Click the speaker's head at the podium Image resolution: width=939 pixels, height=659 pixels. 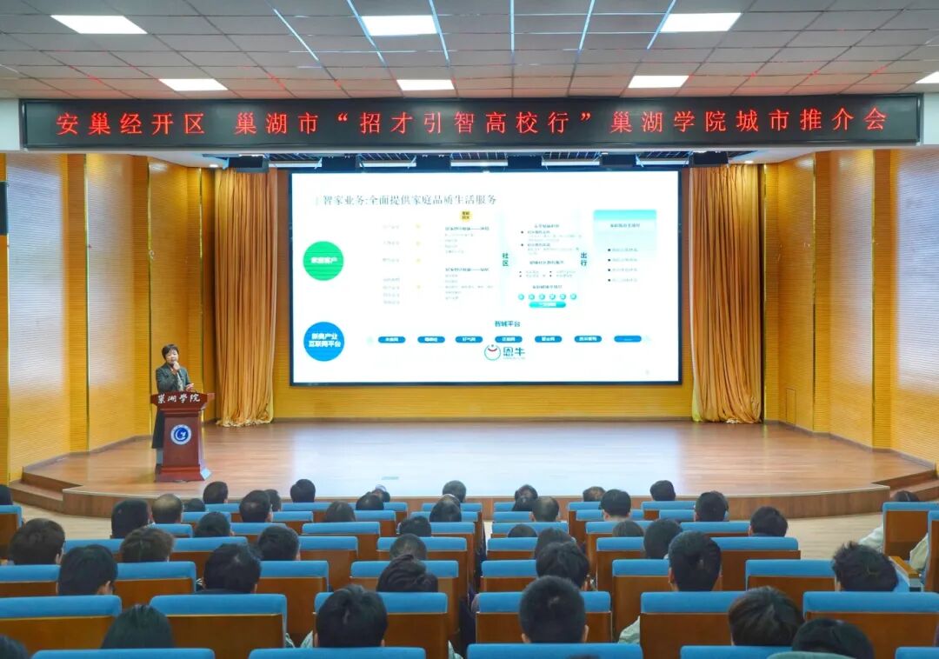point(170,355)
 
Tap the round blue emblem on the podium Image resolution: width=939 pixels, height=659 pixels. point(180,434)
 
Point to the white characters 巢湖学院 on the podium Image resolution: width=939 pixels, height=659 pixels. point(179,398)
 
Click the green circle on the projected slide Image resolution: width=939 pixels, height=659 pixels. point(323,261)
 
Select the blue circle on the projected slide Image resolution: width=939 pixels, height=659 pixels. point(323,341)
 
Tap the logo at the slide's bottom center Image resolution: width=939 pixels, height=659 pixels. point(505,352)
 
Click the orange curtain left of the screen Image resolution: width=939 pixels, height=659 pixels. point(245,296)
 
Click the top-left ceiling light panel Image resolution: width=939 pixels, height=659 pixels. point(98,24)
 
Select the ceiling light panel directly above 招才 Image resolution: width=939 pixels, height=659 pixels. point(399,25)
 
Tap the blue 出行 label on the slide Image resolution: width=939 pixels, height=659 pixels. point(583,258)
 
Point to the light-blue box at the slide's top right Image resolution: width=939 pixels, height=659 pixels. point(624,228)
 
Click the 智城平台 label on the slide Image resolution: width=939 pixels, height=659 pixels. point(507,323)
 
